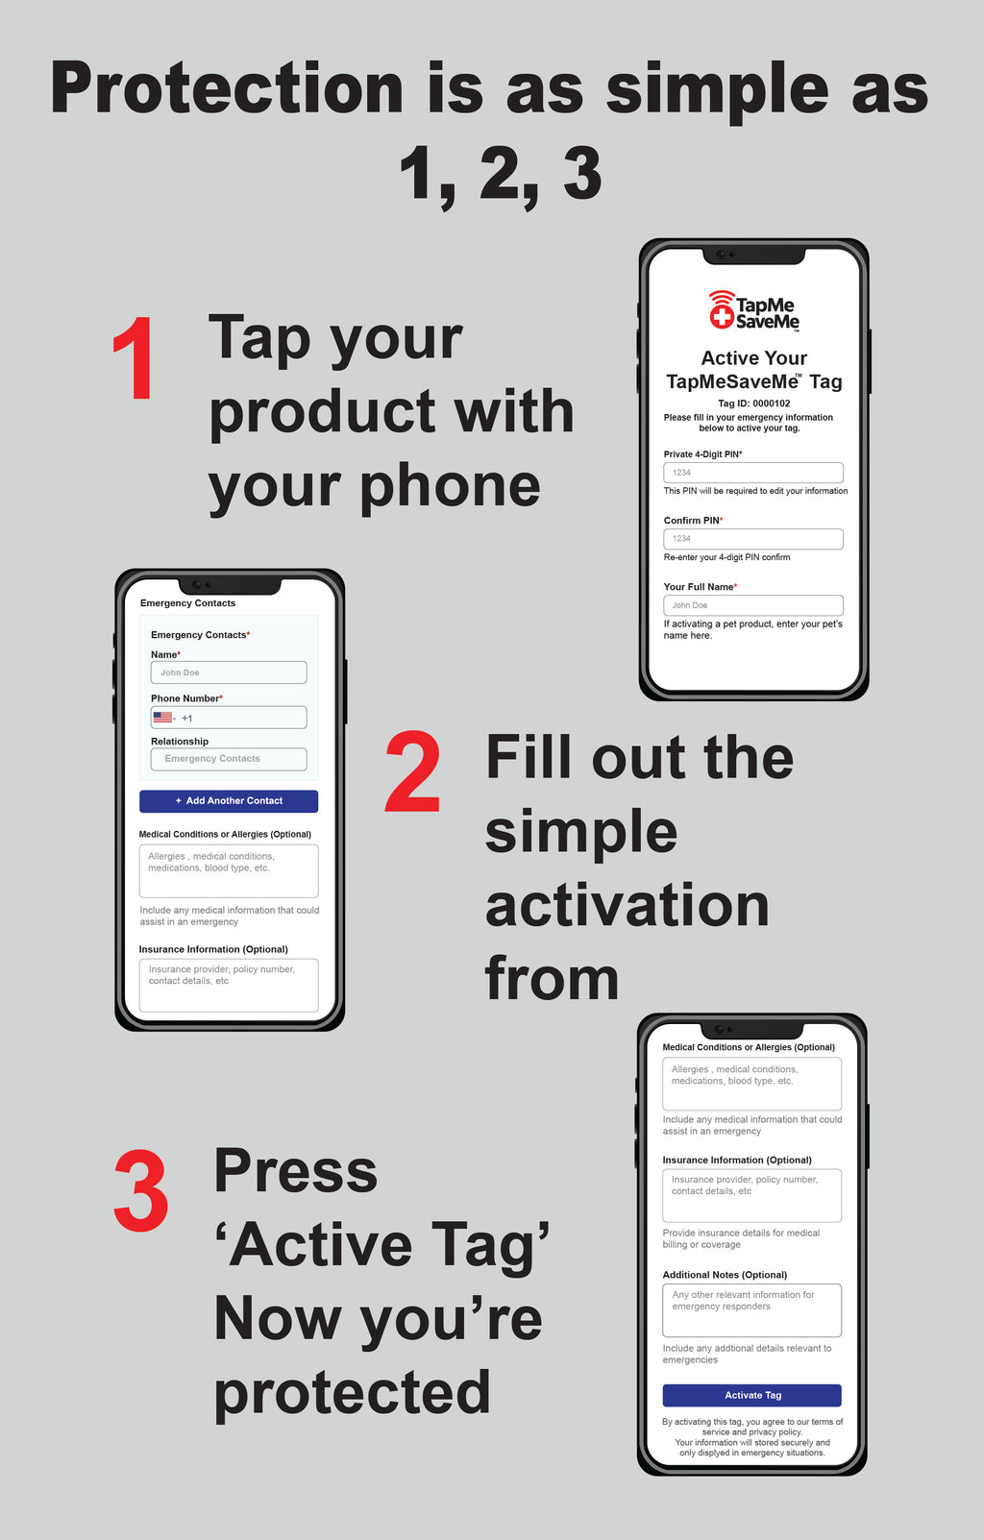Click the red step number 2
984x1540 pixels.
coord(413,771)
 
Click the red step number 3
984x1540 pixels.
coord(141,1191)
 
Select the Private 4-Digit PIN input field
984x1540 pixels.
coord(753,473)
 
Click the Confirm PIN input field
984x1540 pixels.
coord(753,539)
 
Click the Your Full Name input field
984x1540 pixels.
coord(753,605)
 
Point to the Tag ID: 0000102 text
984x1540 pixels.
coord(754,403)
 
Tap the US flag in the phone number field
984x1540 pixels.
coord(162,718)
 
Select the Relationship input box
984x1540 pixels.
coord(229,759)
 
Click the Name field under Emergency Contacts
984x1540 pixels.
coord(229,672)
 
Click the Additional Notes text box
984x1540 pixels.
coord(751,1310)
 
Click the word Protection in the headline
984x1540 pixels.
coord(227,89)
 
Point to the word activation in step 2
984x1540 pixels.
coord(627,906)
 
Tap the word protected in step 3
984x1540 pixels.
coord(352,1393)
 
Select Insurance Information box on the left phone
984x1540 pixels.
coord(229,985)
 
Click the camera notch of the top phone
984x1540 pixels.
coord(753,255)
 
